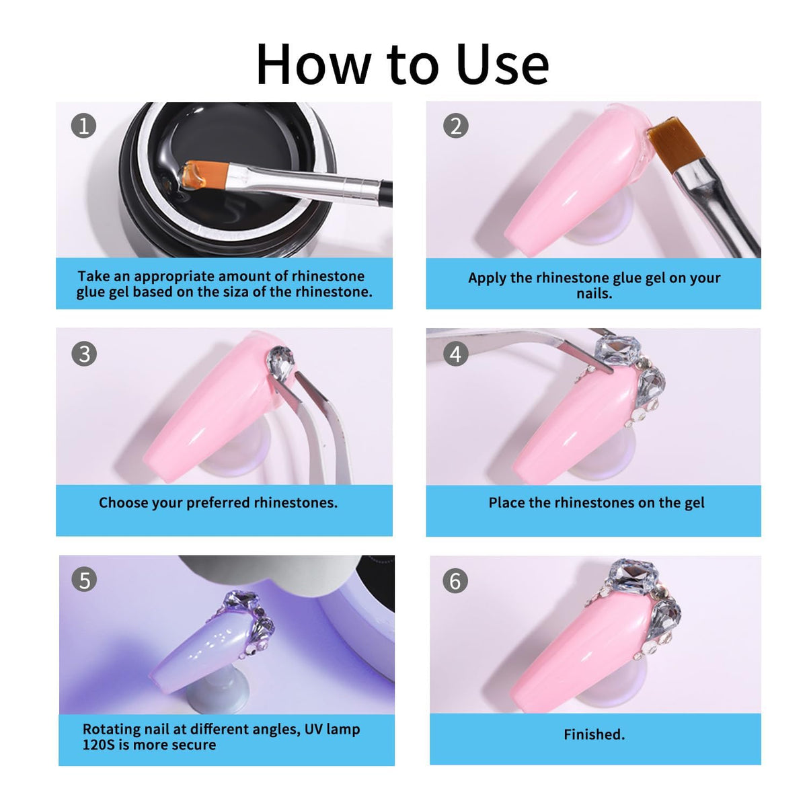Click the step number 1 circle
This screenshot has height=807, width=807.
(84, 126)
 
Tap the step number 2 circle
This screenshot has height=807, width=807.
(456, 126)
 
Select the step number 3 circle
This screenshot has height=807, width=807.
(84, 354)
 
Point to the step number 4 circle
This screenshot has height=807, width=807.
(456, 354)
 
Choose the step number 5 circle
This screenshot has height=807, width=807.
(85, 580)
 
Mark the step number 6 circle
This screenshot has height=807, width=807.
(456, 581)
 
